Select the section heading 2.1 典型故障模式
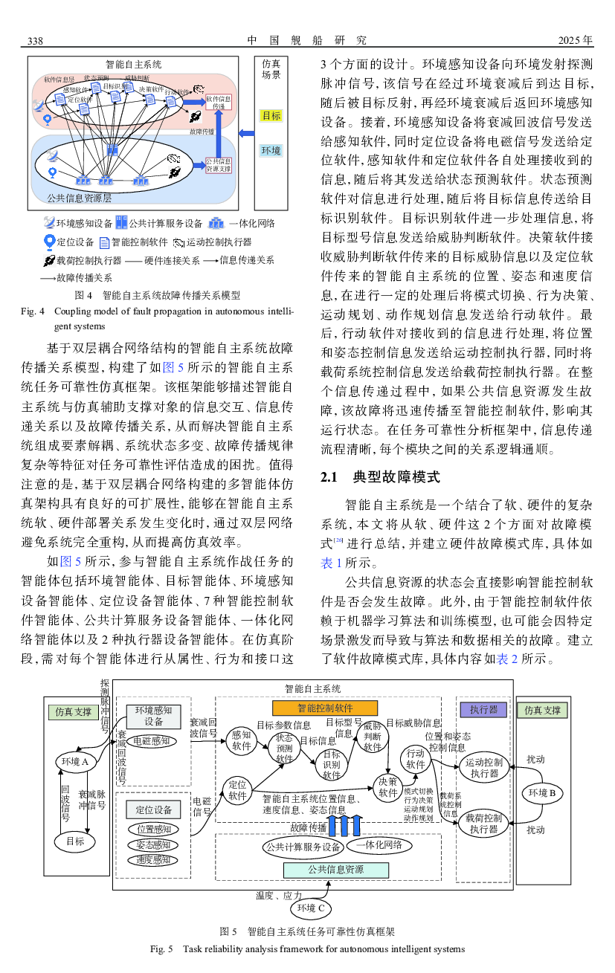click(379, 477)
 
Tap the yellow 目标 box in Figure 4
click(271, 116)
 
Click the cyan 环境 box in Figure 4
click(271, 151)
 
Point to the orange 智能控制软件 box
click(325, 708)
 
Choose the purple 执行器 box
click(483, 710)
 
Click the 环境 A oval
click(76, 762)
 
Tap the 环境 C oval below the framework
click(312, 908)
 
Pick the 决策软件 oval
click(388, 787)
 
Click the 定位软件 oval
click(237, 790)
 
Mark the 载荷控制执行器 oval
click(483, 824)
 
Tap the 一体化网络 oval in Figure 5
click(379, 845)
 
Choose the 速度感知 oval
click(154, 860)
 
